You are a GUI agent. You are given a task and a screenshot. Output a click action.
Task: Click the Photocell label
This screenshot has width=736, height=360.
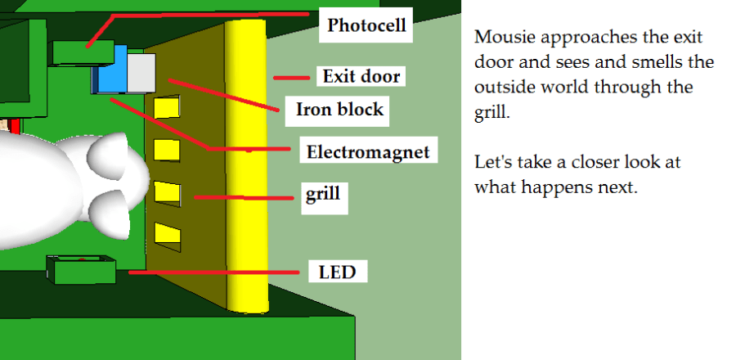pos(366,25)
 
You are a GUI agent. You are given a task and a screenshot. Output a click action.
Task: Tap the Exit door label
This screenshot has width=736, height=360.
pos(361,77)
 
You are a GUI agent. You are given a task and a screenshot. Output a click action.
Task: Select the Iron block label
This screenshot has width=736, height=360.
pos(339,109)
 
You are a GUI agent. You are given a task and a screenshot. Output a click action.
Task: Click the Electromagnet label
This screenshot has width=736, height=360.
pos(367,151)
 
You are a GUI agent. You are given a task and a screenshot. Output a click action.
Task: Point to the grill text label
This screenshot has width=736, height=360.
pos(322,195)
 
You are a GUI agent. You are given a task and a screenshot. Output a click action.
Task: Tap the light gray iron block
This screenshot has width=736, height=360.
pos(141,70)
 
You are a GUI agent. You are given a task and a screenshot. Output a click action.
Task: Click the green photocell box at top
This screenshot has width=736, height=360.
pos(83,52)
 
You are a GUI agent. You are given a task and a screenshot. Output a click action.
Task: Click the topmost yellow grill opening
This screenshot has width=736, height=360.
pos(168,106)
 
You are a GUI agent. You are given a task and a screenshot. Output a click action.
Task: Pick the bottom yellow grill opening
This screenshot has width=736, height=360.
pos(168,236)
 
